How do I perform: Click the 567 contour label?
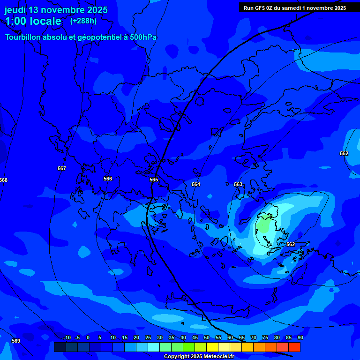pos(62,168)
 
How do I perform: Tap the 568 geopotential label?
pos(4,180)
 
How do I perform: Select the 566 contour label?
pos(108,179)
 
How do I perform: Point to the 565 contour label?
pos(154,180)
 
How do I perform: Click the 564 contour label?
pos(196,184)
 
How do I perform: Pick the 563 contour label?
pos(238,184)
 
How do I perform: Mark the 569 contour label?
pos(16,341)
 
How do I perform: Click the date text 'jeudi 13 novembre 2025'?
pos(56,10)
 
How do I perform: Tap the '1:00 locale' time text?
pos(33,21)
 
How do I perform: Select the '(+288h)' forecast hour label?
pos(83,21)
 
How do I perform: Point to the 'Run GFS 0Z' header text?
pos(260,8)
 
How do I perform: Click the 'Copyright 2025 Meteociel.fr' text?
pos(198,357)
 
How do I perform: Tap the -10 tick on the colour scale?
pos(67,337)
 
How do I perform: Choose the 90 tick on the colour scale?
pos(300,337)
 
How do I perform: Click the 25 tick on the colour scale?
pos(148,337)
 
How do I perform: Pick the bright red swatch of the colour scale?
pos(294,347)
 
